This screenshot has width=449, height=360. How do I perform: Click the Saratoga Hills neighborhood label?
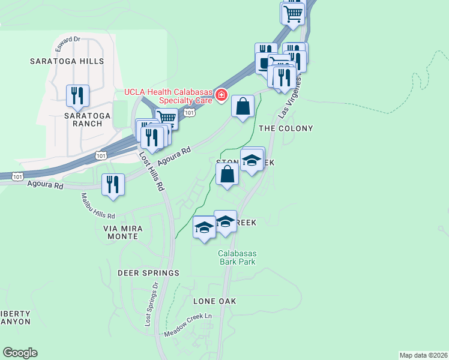(67, 61)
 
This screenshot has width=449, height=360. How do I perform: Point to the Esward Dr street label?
(68, 41)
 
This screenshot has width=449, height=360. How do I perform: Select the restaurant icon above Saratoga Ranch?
(77, 95)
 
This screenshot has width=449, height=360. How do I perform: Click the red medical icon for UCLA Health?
(221, 95)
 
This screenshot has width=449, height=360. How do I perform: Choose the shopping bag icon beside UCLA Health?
(242, 107)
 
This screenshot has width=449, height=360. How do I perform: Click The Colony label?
(286, 128)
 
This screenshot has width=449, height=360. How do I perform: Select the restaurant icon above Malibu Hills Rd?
(112, 184)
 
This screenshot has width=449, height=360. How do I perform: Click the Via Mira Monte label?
(120, 232)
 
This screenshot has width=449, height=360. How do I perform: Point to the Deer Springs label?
(149, 273)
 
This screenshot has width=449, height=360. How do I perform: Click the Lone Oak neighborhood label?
(215, 301)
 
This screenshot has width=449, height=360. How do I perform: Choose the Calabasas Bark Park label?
(237, 257)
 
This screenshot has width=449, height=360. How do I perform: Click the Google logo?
(20, 353)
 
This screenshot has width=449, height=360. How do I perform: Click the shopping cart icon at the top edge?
(292, 13)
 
